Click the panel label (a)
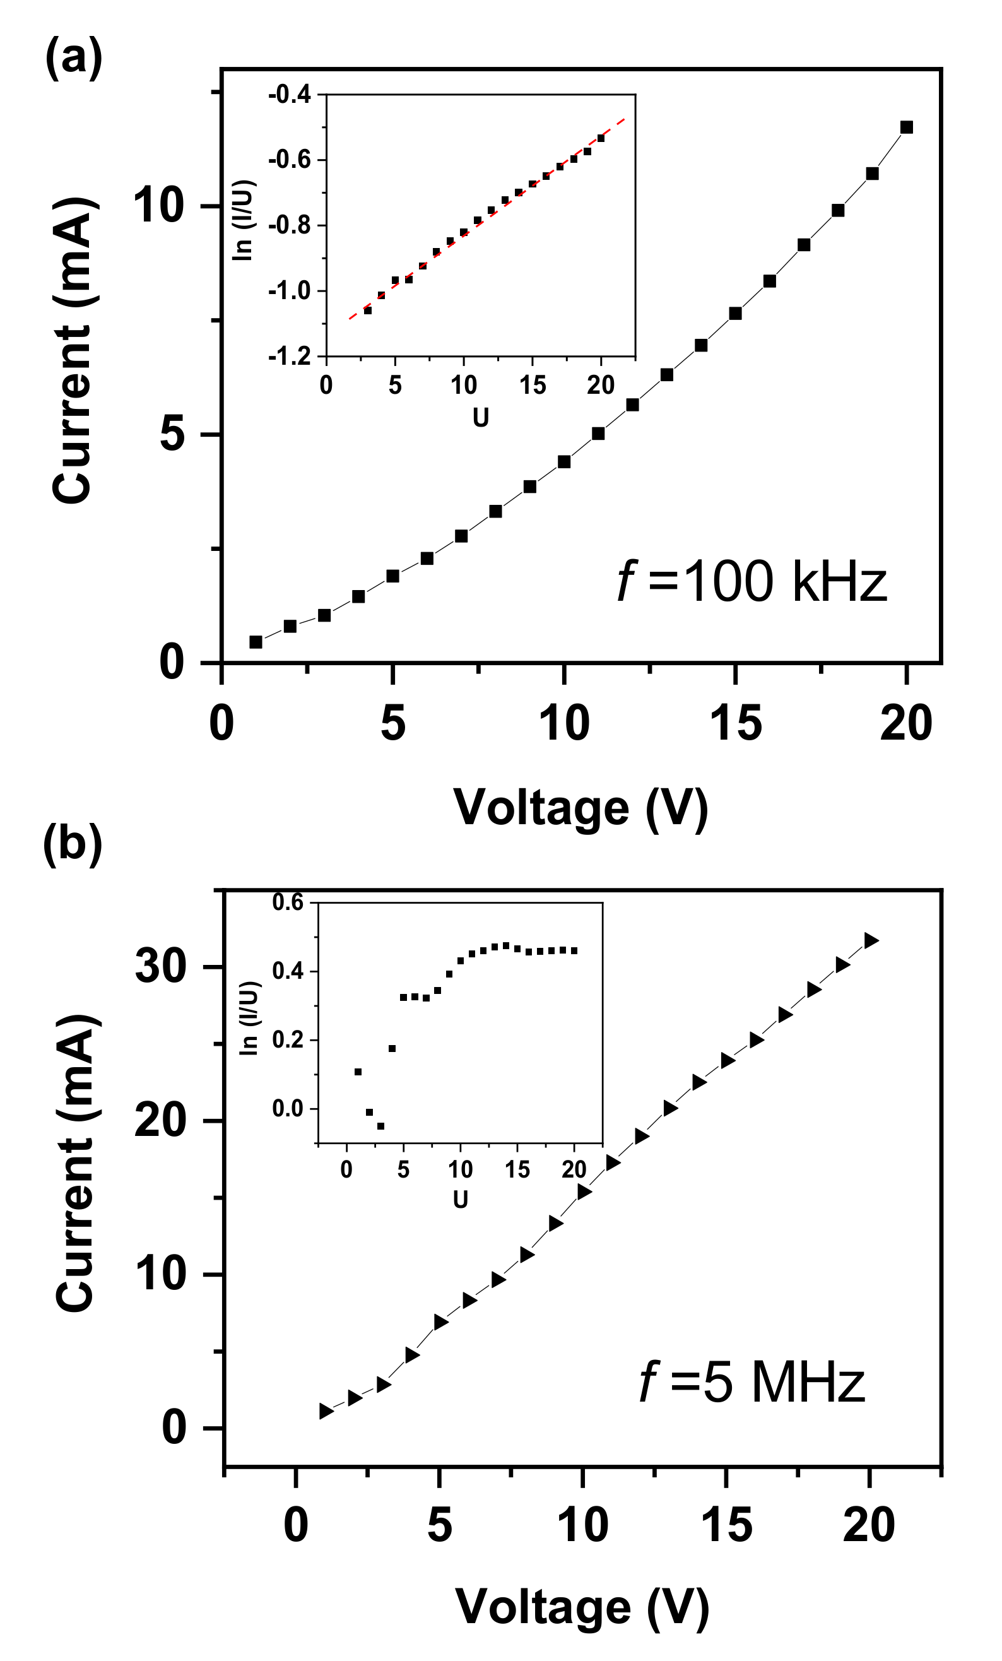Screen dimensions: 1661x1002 point(73,58)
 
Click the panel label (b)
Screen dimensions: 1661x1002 point(72,844)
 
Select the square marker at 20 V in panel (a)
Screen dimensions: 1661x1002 point(906,127)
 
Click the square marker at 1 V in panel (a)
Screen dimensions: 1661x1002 point(256,642)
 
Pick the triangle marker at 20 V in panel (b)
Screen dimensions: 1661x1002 point(871,940)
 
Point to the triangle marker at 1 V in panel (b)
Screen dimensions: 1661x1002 point(326,1411)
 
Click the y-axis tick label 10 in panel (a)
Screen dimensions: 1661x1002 point(159,206)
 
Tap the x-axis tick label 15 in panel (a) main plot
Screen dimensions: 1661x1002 point(735,723)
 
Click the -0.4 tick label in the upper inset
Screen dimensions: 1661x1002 point(290,95)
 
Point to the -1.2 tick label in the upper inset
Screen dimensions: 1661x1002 point(290,356)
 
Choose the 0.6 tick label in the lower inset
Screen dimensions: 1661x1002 point(288,902)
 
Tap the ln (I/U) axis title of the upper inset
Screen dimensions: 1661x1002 point(242,220)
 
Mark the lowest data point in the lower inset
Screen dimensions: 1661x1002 point(380,1126)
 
